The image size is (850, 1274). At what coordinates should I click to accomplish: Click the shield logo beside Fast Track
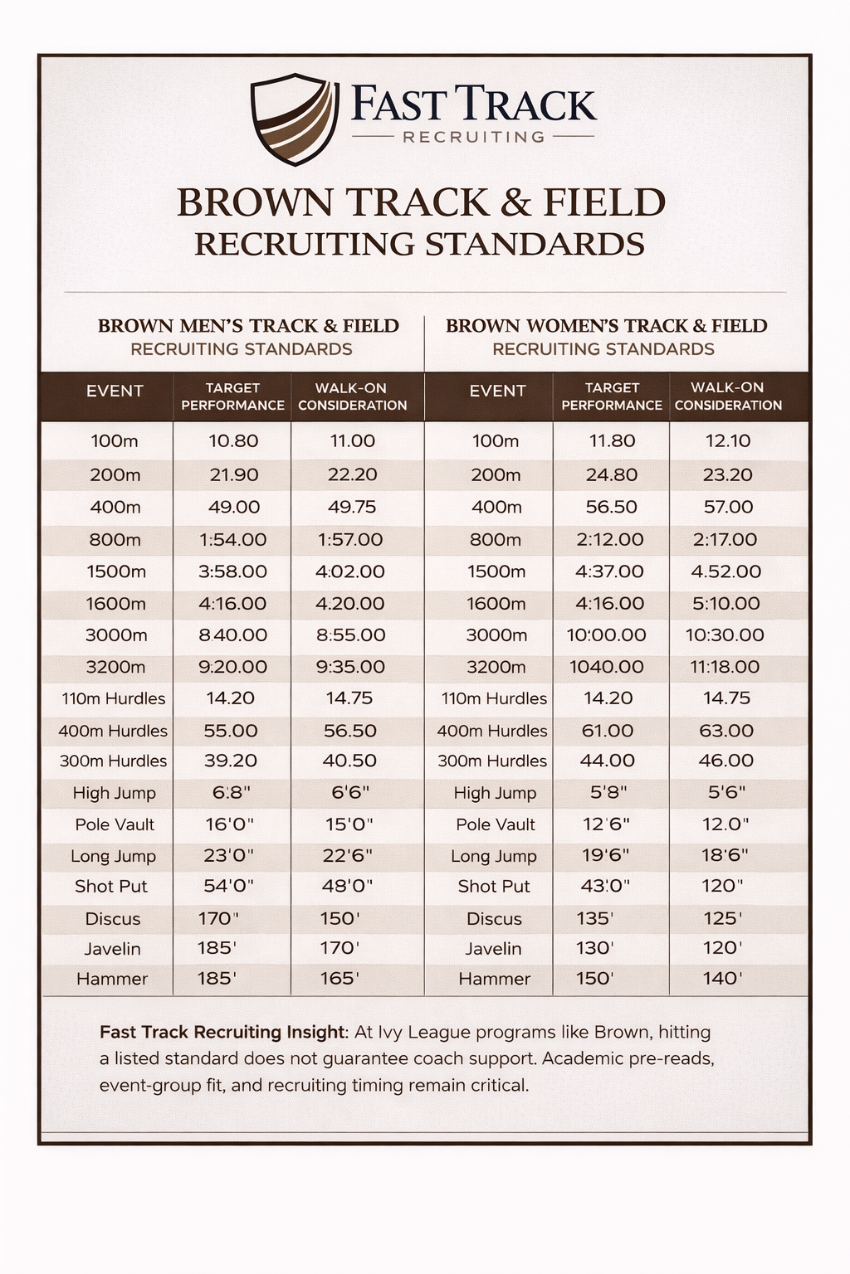[x=295, y=119]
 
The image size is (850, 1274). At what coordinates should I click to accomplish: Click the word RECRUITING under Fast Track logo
[x=473, y=137]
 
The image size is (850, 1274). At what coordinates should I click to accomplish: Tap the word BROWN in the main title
[x=253, y=203]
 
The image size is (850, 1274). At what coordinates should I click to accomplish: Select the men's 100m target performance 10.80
[x=233, y=441]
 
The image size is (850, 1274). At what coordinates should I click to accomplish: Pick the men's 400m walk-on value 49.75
[x=352, y=507]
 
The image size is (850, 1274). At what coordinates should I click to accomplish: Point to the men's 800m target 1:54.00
[x=232, y=540]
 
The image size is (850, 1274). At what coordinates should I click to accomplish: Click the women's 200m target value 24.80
[x=612, y=475]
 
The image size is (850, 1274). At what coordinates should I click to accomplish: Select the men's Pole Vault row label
[x=115, y=824]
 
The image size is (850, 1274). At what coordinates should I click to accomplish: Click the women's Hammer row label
[x=494, y=979]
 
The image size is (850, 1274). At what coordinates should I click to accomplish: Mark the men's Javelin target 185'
[x=217, y=948]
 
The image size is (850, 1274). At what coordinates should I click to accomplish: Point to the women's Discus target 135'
[x=594, y=918]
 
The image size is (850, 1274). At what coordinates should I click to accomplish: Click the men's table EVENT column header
[x=115, y=391]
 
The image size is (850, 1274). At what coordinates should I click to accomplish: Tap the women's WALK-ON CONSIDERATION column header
[x=727, y=396]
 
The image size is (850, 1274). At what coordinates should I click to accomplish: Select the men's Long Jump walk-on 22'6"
[x=347, y=855]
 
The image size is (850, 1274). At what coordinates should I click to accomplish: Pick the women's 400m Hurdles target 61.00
[x=608, y=731]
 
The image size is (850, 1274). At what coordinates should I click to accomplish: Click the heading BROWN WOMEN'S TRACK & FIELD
[x=606, y=326]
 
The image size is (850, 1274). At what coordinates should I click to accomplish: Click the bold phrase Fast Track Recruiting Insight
[x=222, y=1033]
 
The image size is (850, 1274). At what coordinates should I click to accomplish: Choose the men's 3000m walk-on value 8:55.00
[x=350, y=635]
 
